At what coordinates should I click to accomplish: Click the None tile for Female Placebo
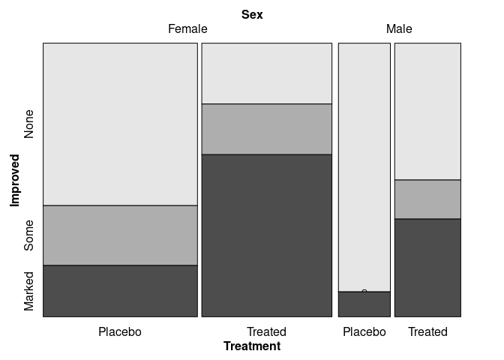coord(120,124)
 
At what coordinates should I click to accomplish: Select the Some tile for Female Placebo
coord(120,235)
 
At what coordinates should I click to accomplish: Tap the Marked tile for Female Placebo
coord(120,290)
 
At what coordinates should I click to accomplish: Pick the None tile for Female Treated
coord(266,73)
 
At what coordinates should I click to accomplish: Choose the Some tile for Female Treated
coord(266,128)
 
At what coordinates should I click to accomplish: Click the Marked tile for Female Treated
coord(266,235)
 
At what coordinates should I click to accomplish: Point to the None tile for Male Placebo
coord(364,166)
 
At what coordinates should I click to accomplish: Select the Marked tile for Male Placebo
coord(364,304)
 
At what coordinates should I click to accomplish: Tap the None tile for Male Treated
coord(427,111)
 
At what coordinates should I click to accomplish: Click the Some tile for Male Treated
coord(427,199)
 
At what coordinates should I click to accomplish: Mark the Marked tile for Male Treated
coord(427,267)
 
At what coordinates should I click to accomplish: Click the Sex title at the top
coord(252,14)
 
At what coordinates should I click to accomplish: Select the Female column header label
coord(187,29)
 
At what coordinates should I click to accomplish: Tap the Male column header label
coord(399,29)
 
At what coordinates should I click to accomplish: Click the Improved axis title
coord(14,180)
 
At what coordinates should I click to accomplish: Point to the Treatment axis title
coord(252,346)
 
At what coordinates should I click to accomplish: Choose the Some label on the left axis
coord(29,235)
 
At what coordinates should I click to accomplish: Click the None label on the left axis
coord(29,124)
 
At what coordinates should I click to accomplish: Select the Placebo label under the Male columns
coord(364,331)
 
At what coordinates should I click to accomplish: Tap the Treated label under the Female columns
coord(266,331)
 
